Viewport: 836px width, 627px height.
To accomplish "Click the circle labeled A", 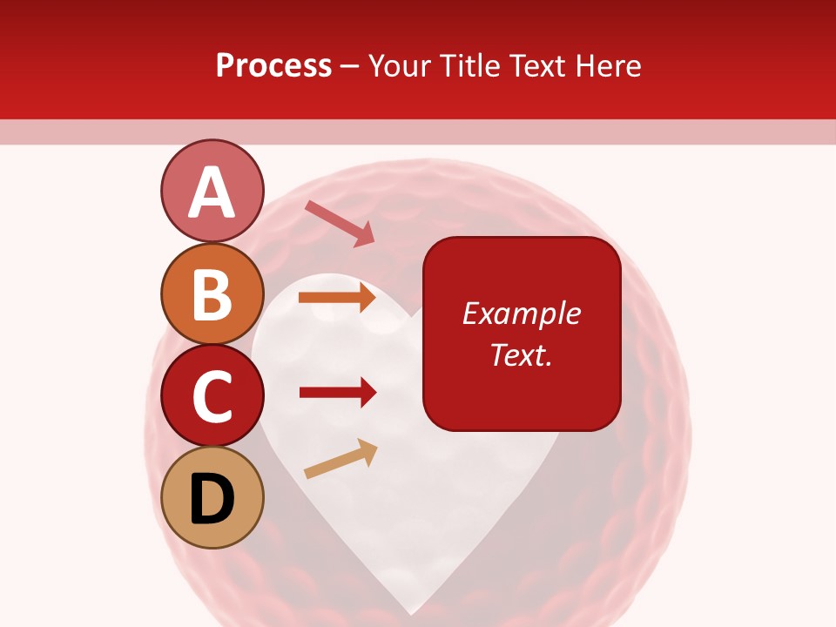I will pyautogui.click(x=212, y=192).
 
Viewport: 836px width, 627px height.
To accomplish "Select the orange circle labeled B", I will pyautogui.click(x=212, y=293).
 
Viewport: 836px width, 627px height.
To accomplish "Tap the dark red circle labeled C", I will pyautogui.click(x=212, y=395).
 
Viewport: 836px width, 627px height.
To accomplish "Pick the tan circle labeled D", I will pyautogui.click(x=212, y=497).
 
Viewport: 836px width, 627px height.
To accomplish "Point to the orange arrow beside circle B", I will pyautogui.click(x=337, y=299).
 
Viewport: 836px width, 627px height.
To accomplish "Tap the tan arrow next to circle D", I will pyautogui.click(x=340, y=459).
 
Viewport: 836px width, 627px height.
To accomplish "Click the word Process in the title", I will pyautogui.click(x=273, y=66).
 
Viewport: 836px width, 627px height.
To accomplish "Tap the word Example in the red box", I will pyautogui.click(x=521, y=313).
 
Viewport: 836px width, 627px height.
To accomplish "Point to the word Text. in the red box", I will pyautogui.click(x=521, y=355).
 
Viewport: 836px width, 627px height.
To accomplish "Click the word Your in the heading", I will pyautogui.click(x=399, y=66).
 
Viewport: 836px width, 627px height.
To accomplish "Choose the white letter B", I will pyautogui.click(x=212, y=294).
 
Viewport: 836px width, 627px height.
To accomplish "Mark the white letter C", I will pyautogui.click(x=212, y=396).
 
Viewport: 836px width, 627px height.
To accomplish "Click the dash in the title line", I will pyautogui.click(x=350, y=68).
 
